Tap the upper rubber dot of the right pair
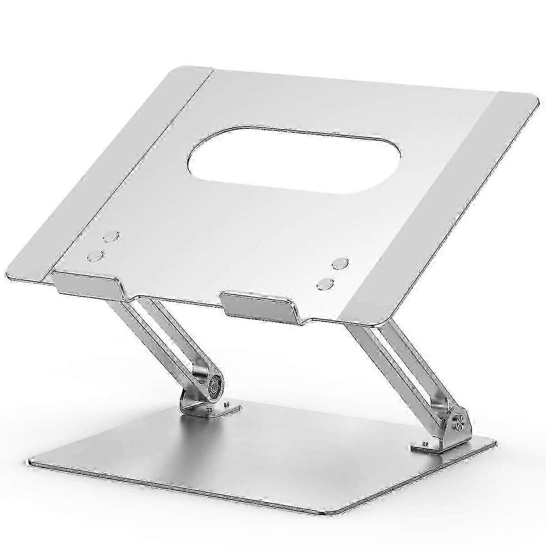[340, 263]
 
